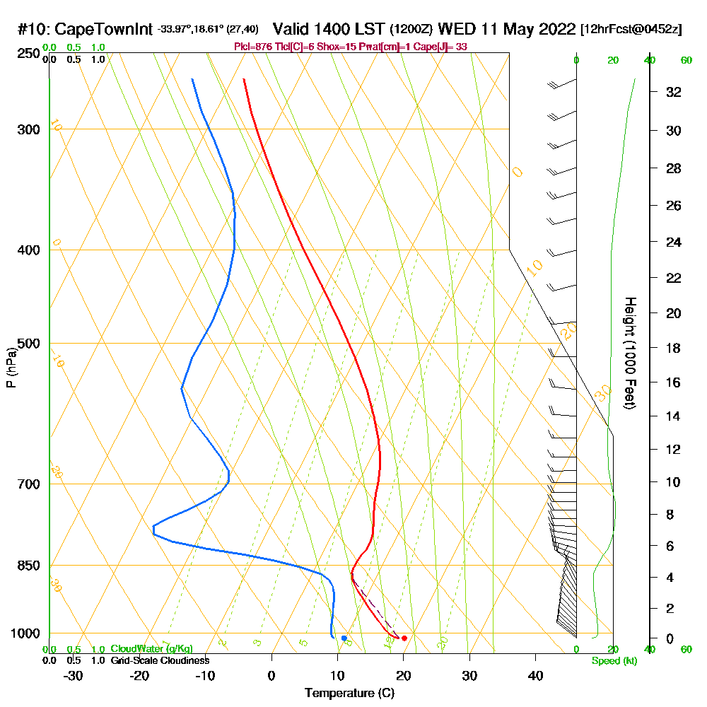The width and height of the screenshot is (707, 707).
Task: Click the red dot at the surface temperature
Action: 404,638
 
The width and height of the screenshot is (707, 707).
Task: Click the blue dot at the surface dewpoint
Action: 344,638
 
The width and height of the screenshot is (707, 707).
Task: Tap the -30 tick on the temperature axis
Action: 74,676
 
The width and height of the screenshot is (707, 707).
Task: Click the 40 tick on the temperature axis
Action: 535,676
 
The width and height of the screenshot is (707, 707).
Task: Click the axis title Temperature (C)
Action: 349,694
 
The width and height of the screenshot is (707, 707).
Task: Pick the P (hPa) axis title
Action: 11,368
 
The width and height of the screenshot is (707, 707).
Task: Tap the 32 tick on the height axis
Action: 674,92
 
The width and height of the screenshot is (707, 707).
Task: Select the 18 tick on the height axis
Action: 674,348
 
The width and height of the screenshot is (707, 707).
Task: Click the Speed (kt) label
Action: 612,661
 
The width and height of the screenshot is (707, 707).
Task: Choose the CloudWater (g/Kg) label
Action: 151,649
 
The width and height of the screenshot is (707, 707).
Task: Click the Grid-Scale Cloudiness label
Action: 159,660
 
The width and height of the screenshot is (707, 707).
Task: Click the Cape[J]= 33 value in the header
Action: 444,47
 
